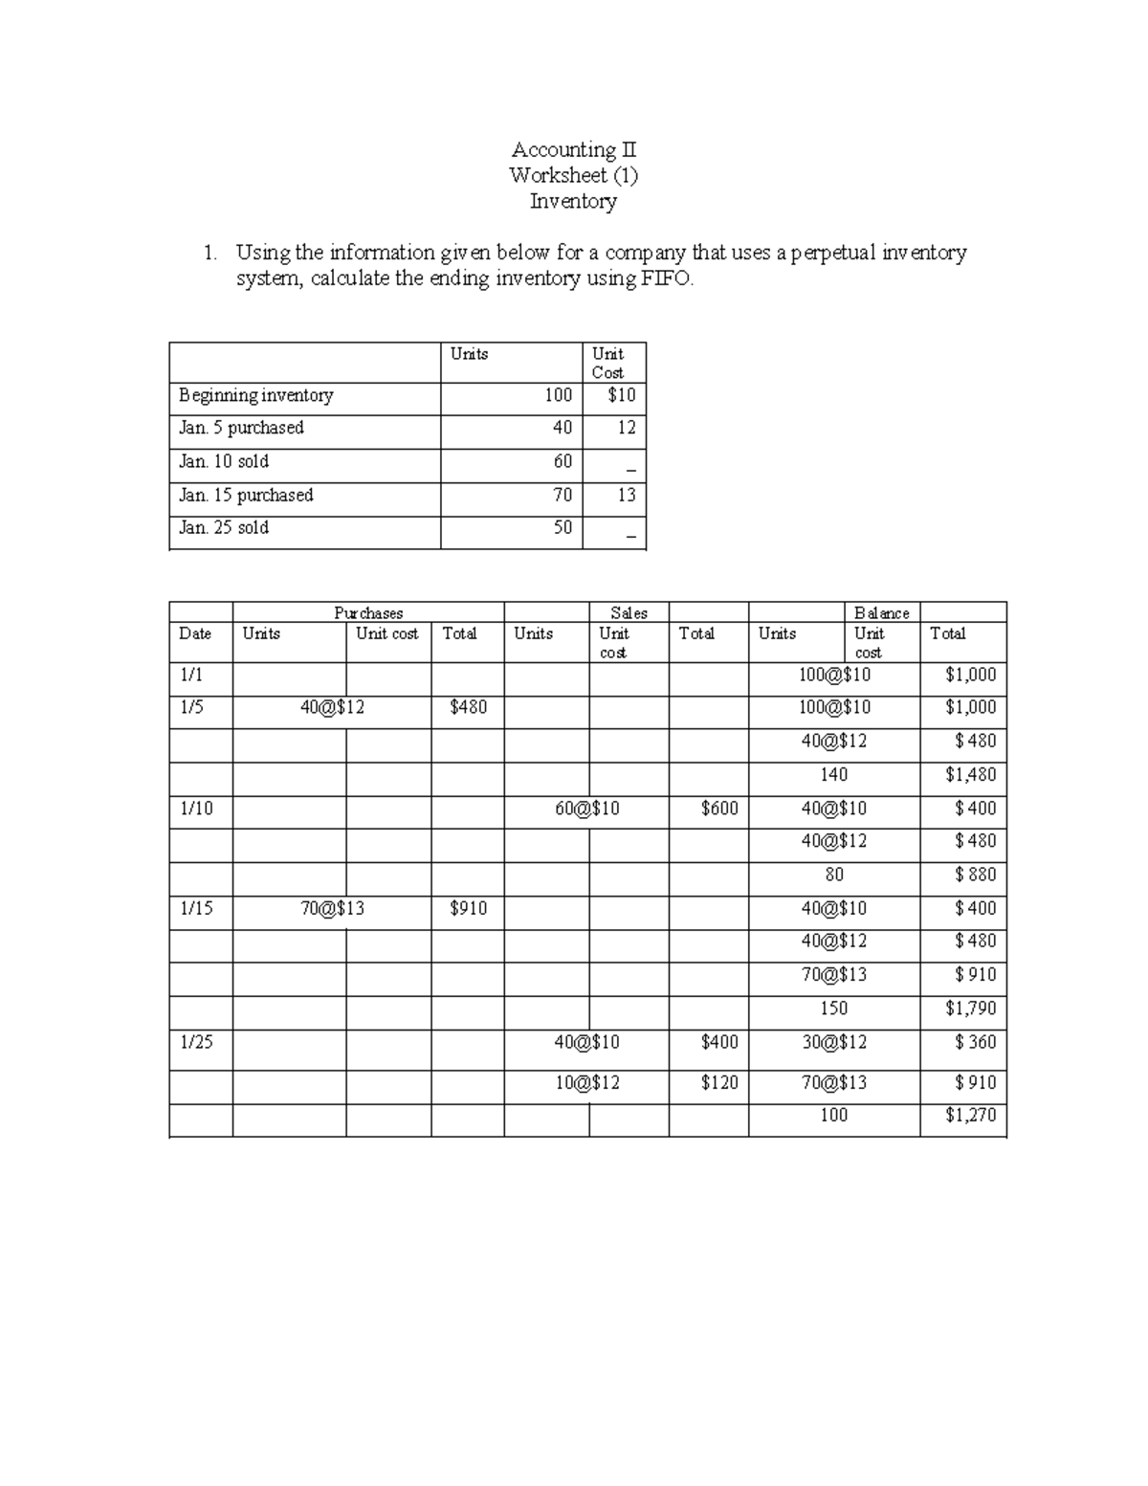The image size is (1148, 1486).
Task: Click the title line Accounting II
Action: click(573, 149)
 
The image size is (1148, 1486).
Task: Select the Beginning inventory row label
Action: click(255, 395)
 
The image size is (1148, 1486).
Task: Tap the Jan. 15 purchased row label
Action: click(246, 495)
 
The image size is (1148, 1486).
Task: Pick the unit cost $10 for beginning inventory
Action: click(621, 395)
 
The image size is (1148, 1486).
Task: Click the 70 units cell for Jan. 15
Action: click(562, 495)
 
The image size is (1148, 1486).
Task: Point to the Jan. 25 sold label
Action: click(224, 527)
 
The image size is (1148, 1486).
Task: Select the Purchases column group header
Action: click(368, 612)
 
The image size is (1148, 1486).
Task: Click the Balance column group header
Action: click(881, 612)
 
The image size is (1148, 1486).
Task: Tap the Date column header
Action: click(195, 633)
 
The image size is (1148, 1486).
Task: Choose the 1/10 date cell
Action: click(196, 809)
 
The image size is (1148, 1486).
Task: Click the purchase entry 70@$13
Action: click(332, 908)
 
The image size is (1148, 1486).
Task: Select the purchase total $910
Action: click(468, 908)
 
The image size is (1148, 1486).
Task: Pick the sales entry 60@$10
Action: click(586, 809)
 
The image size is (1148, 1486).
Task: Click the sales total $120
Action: click(718, 1082)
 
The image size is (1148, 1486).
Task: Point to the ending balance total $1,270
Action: click(970, 1115)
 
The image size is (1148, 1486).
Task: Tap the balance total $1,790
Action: click(970, 1008)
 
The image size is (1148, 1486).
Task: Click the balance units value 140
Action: click(833, 774)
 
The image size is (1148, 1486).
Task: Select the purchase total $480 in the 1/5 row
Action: click(468, 707)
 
